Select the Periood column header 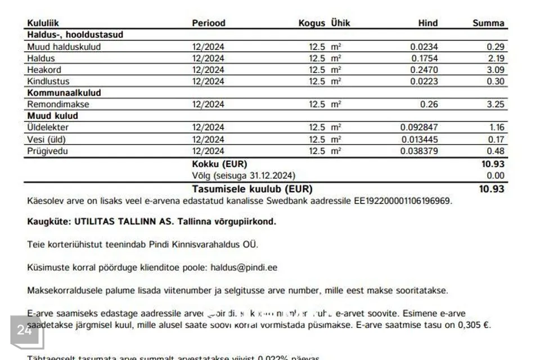[x=208, y=23]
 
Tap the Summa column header [x=488, y=23]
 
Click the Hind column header [x=427, y=23]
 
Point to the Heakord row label [x=44, y=70]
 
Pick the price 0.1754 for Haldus [x=424, y=58]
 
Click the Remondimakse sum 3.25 [x=495, y=105]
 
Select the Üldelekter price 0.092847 [x=418, y=128]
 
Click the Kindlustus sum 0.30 [x=495, y=82]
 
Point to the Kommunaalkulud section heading [x=64, y=93]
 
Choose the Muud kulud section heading [x=52, y=116]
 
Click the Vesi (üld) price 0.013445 [x=418, y=139]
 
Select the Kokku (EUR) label [x=219, y=164]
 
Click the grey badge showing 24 [x=25, y=331]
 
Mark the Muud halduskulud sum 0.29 [x=495, y=47]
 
